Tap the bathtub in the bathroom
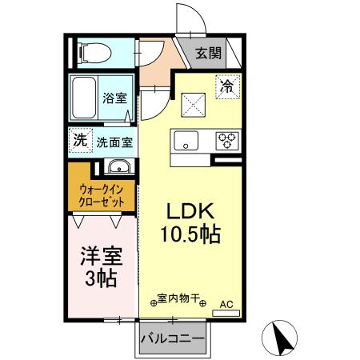85,98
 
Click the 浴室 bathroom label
114,98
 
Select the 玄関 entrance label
209,54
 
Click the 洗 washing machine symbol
79,139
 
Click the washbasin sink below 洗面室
118,167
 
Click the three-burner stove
226,142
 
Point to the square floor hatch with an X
193,103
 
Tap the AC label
226,303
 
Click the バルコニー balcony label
173,338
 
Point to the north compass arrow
282,337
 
